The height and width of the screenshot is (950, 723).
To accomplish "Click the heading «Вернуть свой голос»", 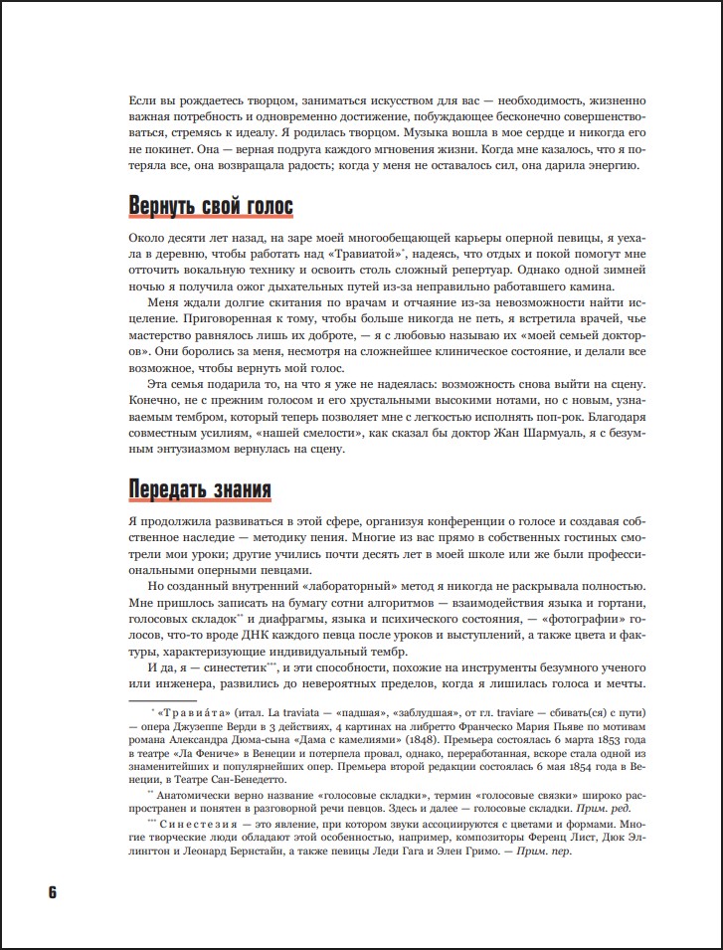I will (211, 207).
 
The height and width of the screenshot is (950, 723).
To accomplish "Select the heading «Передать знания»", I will (200, 490).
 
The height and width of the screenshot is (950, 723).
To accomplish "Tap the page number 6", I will (52, 891).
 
